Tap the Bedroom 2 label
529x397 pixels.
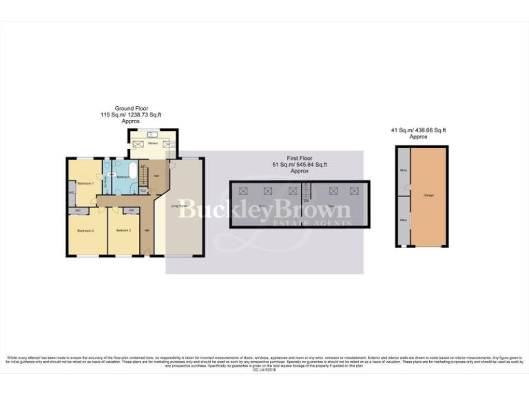point(85,230)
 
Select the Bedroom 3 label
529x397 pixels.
point(123,230)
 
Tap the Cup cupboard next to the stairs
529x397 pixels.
point(143,191)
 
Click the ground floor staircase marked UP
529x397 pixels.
point(143,174)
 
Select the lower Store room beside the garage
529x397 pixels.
point(403,221)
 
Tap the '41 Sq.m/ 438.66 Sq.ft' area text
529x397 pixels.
point(418,130)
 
